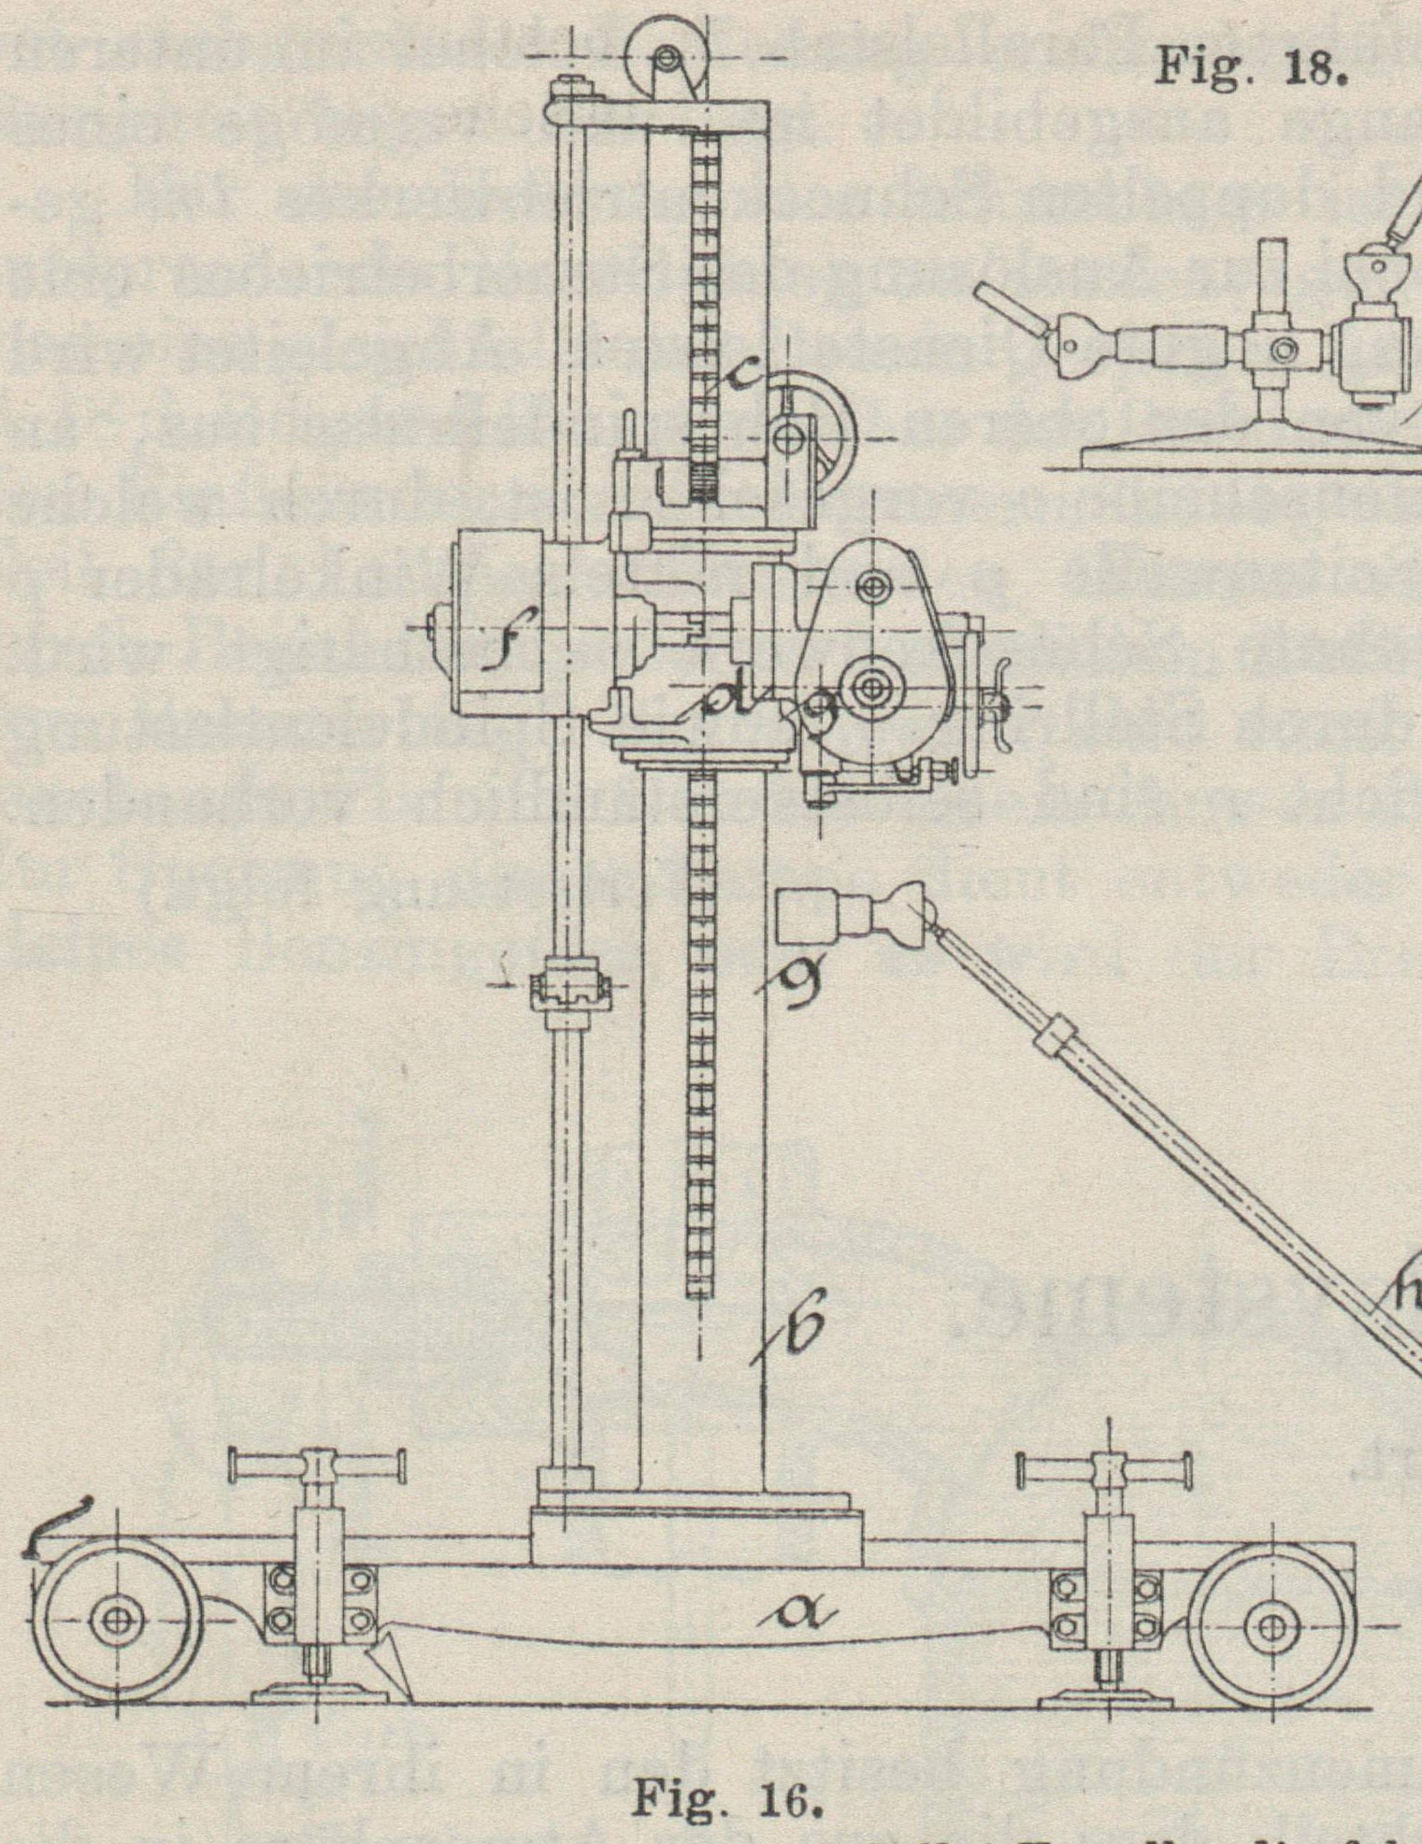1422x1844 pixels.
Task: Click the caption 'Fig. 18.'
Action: (1251, 65)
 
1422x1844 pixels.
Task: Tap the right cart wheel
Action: (1273, 1625)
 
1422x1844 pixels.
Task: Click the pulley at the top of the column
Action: (667, 58)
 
